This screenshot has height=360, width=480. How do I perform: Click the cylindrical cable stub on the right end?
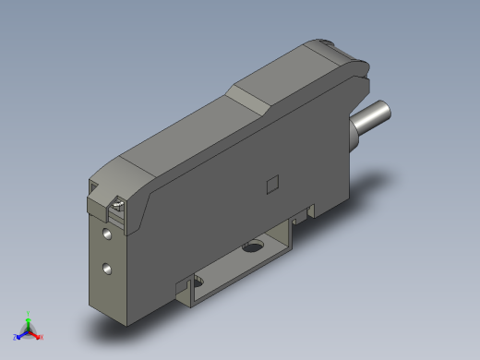point(370,122)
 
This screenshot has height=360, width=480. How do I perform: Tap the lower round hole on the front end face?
point(110,269)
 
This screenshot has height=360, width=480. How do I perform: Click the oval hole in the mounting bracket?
point(251,246)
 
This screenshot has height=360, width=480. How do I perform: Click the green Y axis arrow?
point(29,318)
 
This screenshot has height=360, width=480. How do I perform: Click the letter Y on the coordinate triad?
point(29,312)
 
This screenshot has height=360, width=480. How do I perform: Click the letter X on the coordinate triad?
point(42,337)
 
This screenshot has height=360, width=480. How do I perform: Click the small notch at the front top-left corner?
point(94,188)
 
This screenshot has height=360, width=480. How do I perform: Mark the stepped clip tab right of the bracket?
point(300,220)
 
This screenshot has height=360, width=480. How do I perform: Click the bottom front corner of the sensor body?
point(124,324)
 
